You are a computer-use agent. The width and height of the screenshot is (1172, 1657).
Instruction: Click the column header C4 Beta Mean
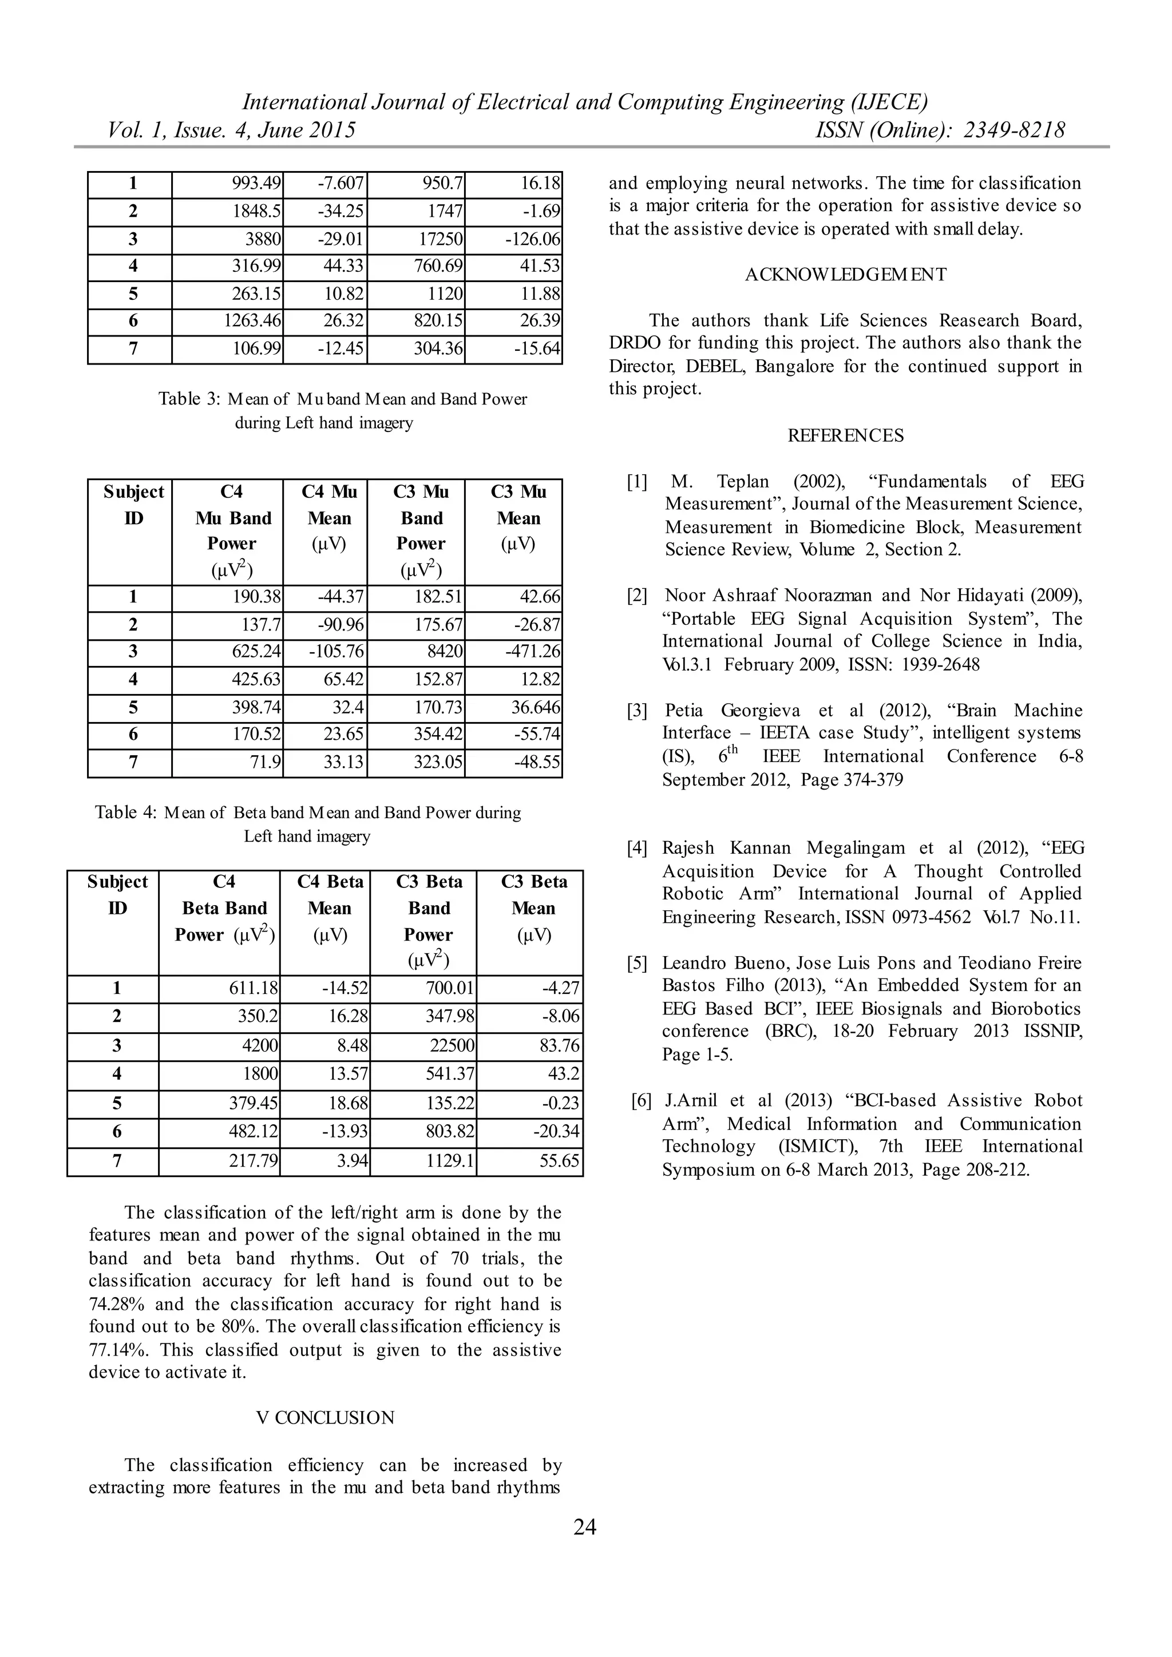point(330,908)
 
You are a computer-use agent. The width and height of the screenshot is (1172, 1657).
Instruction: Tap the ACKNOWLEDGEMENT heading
point(845,275)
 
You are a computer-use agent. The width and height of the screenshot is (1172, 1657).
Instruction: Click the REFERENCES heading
point(845,436)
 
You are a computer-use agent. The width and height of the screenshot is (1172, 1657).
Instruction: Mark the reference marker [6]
point(641,1101)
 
